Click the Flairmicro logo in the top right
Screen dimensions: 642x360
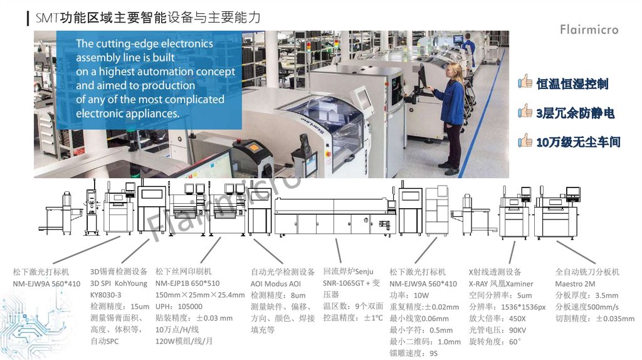coord(589,29)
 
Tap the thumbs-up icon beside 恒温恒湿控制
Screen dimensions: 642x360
coord(525,82)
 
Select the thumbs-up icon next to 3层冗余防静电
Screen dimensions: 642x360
coord(525,111)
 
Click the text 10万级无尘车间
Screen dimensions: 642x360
coord(579,142)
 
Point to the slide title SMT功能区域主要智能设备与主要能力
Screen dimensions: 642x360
coord(148,18)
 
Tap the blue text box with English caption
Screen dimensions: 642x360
coord(149,80)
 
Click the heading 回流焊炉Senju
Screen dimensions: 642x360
coord(348,271)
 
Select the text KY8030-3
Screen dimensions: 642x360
coord(105,295)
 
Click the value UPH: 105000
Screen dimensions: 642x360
coord(179,306)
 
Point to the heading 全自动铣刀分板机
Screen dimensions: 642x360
coord(587,272)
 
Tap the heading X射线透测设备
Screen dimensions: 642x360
coord(495,272)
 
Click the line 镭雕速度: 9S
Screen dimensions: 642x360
coord(413,353)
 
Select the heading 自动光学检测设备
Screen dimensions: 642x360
coord(283,272)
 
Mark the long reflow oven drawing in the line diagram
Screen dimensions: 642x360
coord(335,217)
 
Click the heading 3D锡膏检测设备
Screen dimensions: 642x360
coord(118,272)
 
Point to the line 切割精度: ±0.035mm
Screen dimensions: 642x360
coord(594,319)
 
